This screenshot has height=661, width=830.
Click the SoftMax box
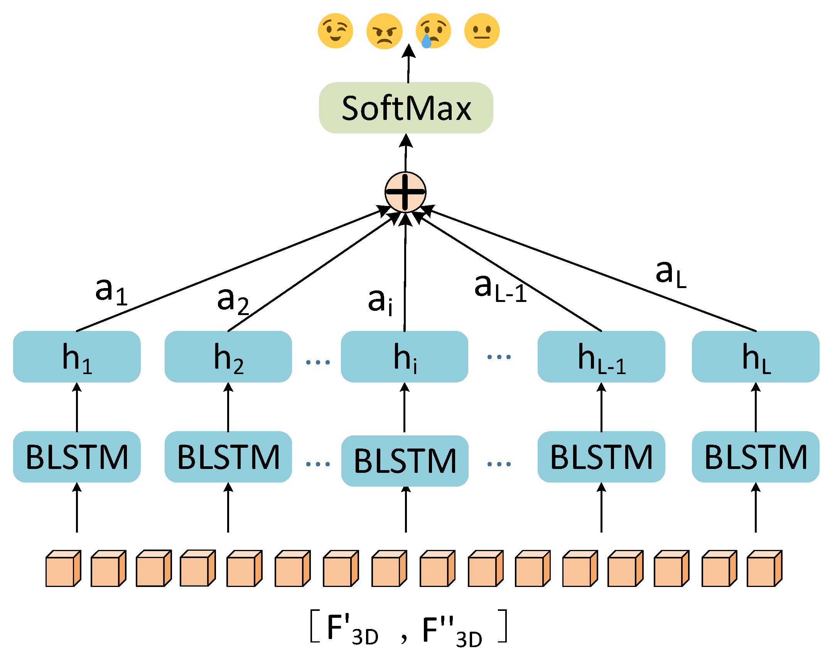406,108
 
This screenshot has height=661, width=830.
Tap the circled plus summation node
405,192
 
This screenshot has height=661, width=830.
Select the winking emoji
335,31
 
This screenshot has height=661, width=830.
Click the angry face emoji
384,31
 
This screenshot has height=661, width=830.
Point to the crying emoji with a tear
433,31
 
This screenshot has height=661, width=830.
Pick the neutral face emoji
482,31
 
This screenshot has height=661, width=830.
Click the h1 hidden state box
77,357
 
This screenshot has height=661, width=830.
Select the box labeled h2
228,357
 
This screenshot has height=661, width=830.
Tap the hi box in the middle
405,357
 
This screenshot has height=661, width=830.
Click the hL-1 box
601,357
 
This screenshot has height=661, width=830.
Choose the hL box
756,357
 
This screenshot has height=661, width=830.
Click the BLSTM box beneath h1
77,457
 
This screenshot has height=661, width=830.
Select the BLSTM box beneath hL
756,457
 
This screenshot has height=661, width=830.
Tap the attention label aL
671,274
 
